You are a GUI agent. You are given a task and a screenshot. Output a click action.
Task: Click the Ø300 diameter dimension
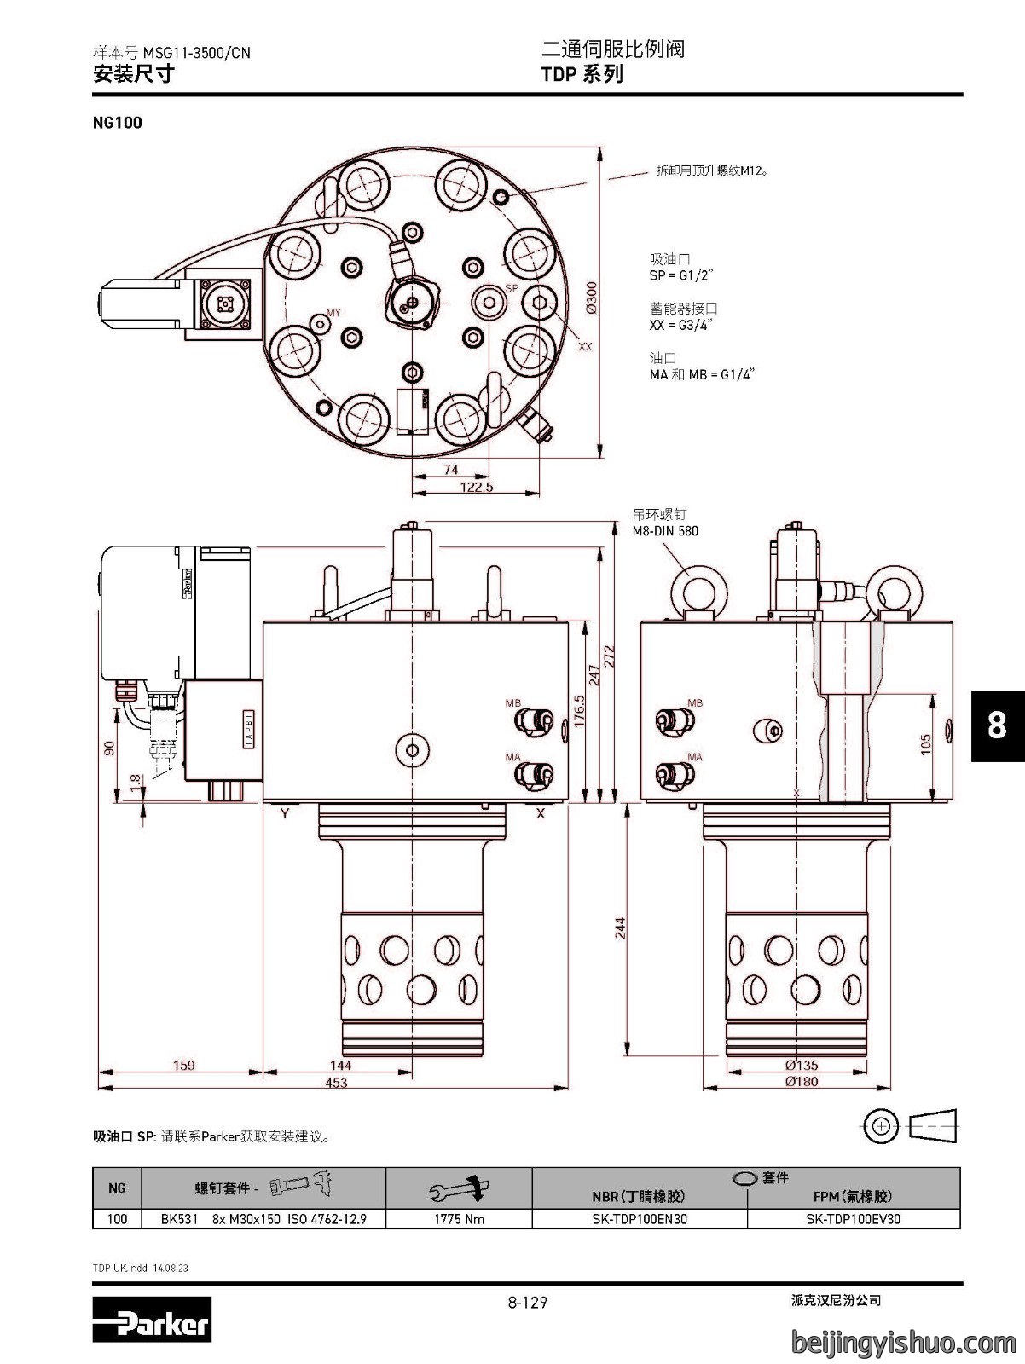[591, 298]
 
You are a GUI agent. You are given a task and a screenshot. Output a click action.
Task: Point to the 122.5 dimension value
[476, 487]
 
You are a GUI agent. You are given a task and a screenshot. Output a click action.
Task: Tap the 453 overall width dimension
[336, 1083]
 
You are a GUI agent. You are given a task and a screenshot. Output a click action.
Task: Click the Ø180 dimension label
[802, 1081]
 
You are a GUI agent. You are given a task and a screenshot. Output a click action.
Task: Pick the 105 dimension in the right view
[926, 744]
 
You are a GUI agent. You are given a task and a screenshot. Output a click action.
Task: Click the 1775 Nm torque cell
[459, 1219]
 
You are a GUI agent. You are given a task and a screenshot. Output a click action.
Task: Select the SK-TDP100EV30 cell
[853, 1219]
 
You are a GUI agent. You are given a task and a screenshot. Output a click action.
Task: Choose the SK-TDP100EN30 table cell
[640, 1219]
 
